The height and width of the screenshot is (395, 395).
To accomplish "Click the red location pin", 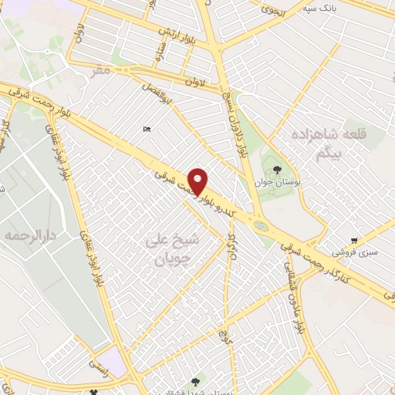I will [199, 181].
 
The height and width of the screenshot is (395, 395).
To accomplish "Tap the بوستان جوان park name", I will [275, 184].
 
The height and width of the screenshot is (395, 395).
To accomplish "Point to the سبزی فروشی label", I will [352, 252].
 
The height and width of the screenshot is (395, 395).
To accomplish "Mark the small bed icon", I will [147, 129].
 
